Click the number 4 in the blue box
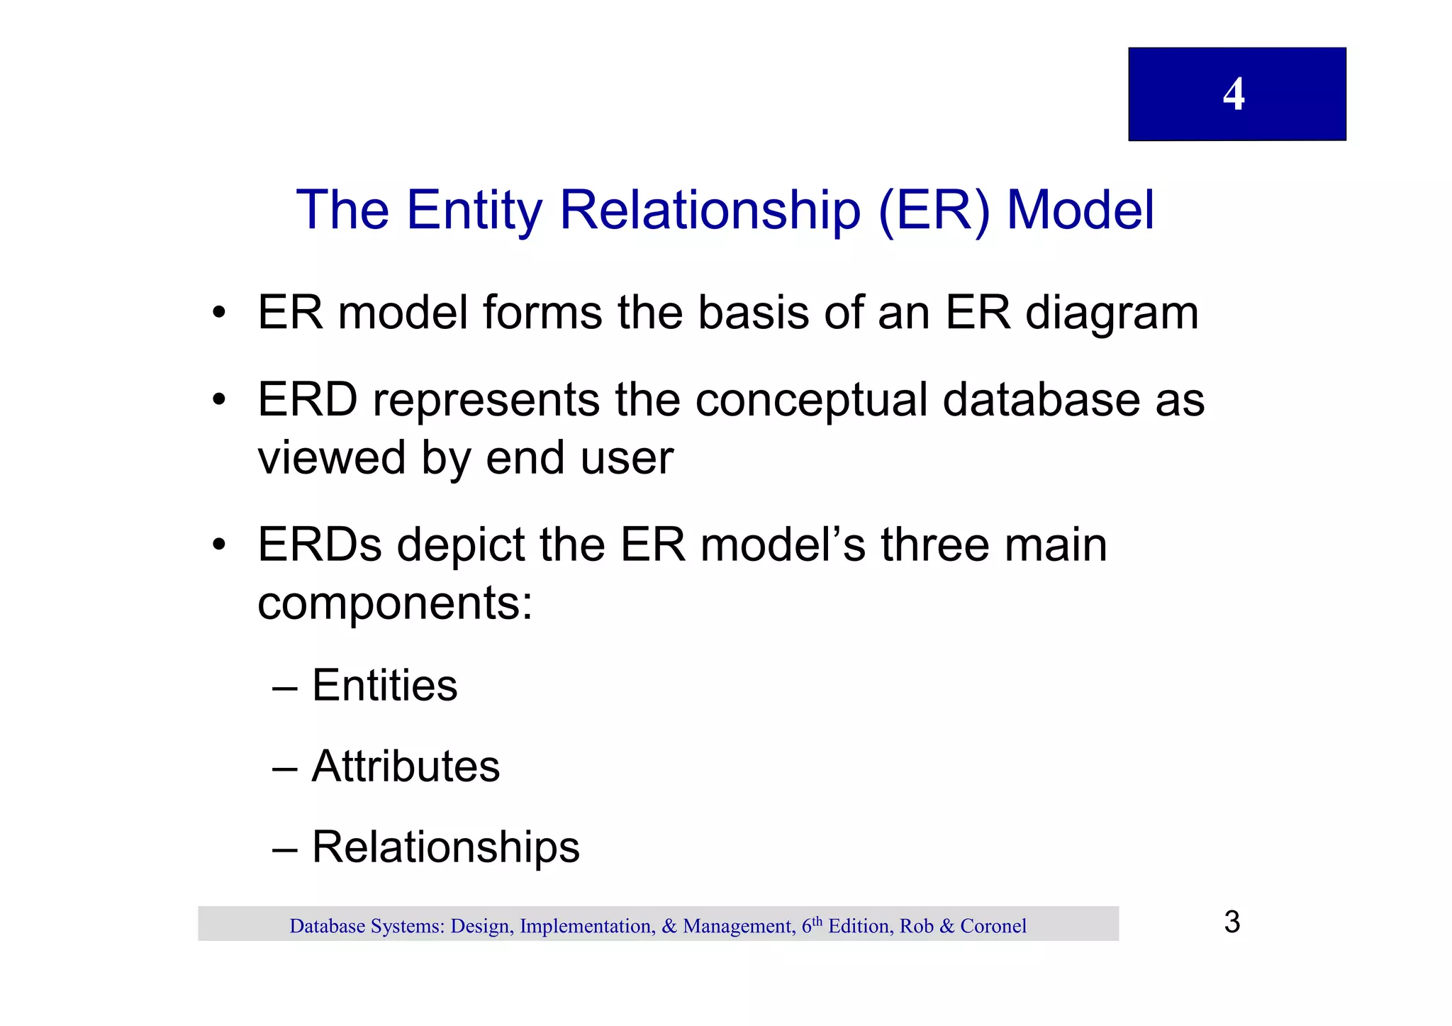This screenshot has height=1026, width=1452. coord(1234,94)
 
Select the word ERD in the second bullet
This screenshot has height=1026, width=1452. coord(307,399)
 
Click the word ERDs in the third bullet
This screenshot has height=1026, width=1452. coord(319,545)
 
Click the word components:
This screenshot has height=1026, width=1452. coord(394,604)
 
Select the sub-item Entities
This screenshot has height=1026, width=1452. coord(384,686)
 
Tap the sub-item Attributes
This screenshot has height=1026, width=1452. coord(406,766)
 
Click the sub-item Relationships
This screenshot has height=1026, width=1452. coord(445,847)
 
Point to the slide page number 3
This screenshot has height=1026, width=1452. coord(1232,922)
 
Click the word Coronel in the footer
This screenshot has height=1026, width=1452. coord(993,926)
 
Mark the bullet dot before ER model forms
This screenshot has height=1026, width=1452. coord(219,313)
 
